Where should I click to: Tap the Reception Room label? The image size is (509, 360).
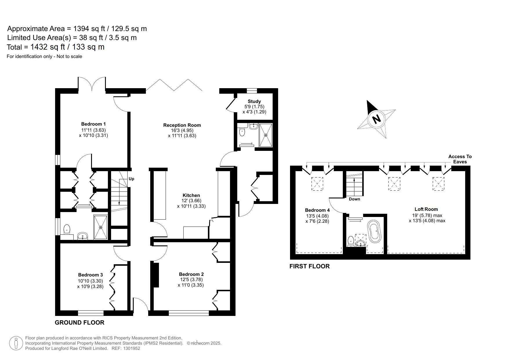[182, 125]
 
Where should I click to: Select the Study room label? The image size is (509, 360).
[254, 102]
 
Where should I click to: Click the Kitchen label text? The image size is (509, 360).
[191, 196]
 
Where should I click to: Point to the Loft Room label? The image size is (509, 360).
[426, 209]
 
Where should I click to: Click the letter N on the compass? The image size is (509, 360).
[376, 119]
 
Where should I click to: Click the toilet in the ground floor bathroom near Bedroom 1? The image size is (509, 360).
[67, 229]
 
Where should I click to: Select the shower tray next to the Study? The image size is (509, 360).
[266, 135]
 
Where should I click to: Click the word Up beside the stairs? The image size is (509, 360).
[131, 179]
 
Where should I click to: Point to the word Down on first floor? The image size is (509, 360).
[354, 199]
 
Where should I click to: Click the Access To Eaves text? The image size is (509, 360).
[460, 159]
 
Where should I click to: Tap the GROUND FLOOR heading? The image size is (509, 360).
[79, 323]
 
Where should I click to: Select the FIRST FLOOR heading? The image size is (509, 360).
[309, 266]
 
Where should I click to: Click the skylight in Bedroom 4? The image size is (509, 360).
[317, 184]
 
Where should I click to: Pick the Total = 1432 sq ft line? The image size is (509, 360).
[56, 47]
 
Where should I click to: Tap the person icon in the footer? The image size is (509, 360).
[16, 343]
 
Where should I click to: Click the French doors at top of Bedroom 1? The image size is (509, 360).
[92, 84]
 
